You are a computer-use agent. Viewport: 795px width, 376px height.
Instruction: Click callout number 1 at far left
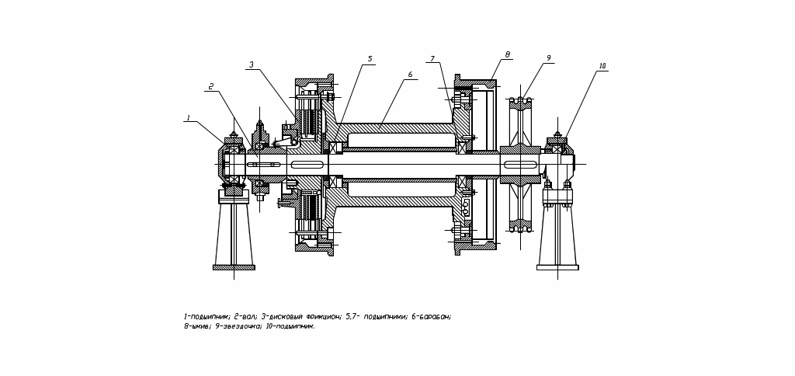click(x=188, y=118)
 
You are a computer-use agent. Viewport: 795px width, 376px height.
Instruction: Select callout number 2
click(x=210, y=86)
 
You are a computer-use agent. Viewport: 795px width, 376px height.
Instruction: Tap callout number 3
click(x=252, y=65)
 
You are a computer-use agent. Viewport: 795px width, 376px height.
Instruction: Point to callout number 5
click(x=370, y=59)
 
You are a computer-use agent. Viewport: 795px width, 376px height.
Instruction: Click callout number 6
click(x=410, y=75)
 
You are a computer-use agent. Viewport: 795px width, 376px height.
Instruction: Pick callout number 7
click(x=432, y=59)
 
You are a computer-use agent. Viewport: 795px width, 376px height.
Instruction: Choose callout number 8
click(x=508, y=55)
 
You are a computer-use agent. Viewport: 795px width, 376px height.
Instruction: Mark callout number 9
click(x=548, y=58)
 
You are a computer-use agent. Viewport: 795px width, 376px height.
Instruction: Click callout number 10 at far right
click(x=602, y=66)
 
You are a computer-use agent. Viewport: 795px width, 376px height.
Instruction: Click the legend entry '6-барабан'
click(x=431, y=317)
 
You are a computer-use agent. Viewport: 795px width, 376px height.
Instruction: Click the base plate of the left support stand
click(x=234, y=267)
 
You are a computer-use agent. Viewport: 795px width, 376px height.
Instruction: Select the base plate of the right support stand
click(x=557, y=267)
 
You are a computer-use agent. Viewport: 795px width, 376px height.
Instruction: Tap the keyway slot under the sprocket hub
click(x=520, y=165)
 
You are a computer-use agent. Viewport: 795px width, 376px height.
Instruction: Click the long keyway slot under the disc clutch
click(x=307, y=165)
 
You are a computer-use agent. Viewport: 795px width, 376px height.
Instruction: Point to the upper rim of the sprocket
click(x=520, y=104)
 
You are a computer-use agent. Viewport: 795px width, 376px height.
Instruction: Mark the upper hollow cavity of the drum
click(x=401, y=140)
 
